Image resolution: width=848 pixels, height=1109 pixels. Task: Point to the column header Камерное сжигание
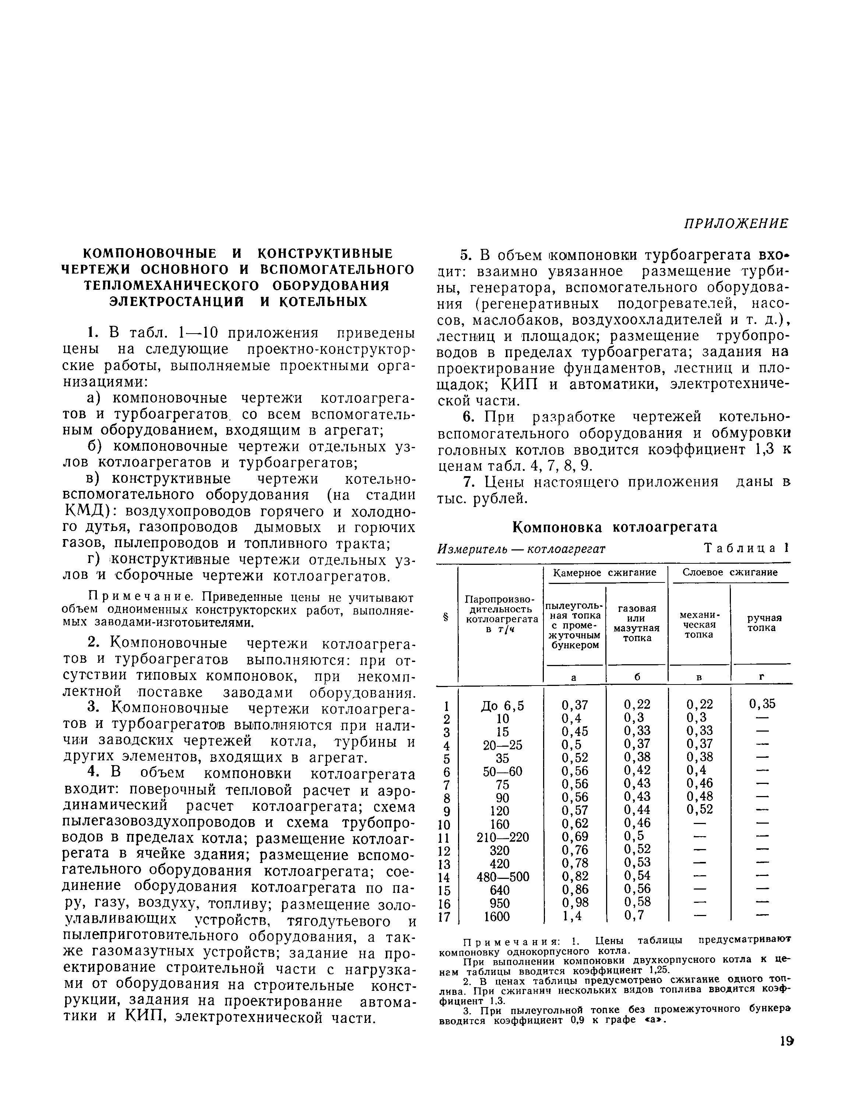point(604,573)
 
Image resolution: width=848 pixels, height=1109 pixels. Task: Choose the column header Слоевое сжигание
point(730,573)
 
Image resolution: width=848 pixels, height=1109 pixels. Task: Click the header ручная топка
point(761,623)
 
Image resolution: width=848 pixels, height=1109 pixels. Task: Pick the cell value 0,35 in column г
point(762,704)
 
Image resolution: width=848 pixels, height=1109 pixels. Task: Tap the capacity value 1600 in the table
point(497,916)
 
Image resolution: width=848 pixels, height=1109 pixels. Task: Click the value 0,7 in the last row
point(633,916)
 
